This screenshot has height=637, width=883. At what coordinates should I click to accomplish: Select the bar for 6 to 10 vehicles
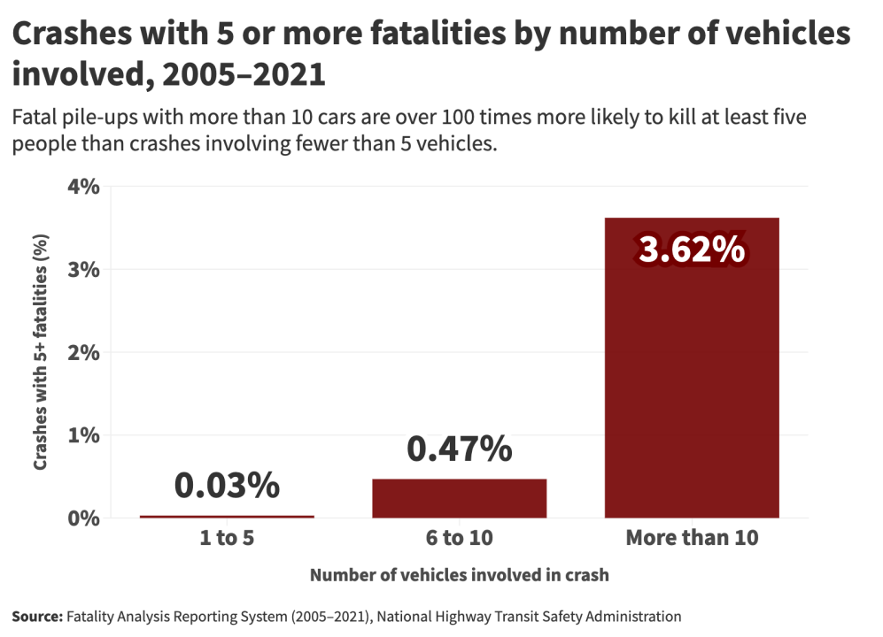pyautogui.click(x=459, y=498)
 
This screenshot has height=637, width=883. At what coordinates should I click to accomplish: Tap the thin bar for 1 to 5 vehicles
pyautogui.click(x=227, y=516)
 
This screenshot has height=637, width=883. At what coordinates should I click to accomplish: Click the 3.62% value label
pyautogui.click(x=692, y=250)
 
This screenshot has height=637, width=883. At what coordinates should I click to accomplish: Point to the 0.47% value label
pyautogui.click(x=459, y=449)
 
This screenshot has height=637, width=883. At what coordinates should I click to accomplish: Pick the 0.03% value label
pyautogui.click(x=227, y=486)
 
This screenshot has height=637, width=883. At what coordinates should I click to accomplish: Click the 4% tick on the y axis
pyautogui.click(x=84, y=187)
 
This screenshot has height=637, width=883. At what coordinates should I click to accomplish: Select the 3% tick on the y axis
pyautogui.click(x=84, y=269)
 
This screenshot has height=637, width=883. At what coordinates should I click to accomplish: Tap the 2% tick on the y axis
pyautogui.click(x=84, y=352)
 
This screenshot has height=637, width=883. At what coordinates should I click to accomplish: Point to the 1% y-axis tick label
pyautogui.click(x=84, y=435)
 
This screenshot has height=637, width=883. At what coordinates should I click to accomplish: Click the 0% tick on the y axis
pyautogui.click(x=84, y=518)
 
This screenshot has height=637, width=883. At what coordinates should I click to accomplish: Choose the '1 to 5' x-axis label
pyautogui.click(x=227, y=538)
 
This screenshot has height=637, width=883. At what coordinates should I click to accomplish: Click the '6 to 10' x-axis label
pyautogui.click(x=459, y=538)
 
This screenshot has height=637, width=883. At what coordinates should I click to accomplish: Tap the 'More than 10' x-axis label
pyautogui.click(x=692, y=538)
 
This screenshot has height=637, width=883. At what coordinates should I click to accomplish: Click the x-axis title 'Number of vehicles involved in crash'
pyautogui.click(x=459, y=575)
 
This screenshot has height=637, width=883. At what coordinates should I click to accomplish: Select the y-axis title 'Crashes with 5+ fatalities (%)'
pyautogui.click(x=40, y=352)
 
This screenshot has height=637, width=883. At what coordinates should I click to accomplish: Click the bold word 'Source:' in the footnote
pyautogui.click(x=37, y=617)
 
